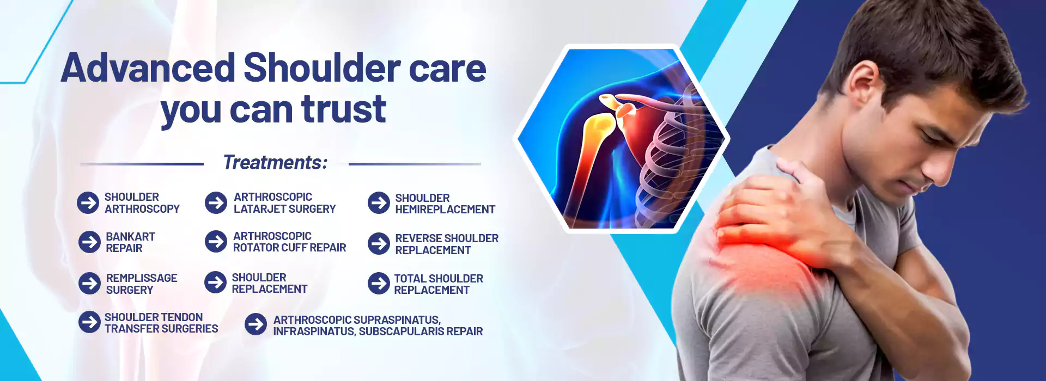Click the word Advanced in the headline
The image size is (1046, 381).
(x=148, y=68)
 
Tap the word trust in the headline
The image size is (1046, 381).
(x=344, y=109)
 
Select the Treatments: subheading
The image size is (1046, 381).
(x=275, y=162)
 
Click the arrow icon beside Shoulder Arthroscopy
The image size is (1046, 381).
(x=88, y=203)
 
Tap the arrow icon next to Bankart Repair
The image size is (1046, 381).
(x=90, y=242)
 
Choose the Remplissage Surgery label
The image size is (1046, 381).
(x=142, y=284)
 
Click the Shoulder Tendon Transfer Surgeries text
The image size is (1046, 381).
(x=161, y=323)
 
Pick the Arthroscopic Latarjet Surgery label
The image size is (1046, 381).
(x=285, y=203)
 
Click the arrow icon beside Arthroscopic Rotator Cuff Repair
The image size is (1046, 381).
(x=216, y=242)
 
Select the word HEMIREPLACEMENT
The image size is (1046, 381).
(x=445, y=210)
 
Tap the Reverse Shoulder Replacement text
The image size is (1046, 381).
(x=447, y=244)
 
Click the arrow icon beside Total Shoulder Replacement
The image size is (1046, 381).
(x=379, y=284)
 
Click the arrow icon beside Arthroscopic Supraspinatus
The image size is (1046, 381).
(x=256, y=324)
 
